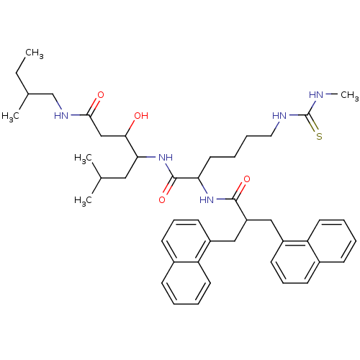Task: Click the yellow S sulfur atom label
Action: [x=318, y=135]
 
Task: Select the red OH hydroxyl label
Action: [x=140, y=116]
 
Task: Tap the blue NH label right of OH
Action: [x=165, y=158]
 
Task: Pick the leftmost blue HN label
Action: [x=61, y=116]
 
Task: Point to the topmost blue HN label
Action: [x=315, y=95]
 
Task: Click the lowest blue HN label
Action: [x=207, y=200]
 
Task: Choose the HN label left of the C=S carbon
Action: [x=279, y=116]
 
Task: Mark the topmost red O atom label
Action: [x=100, y=95]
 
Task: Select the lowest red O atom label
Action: [x=162, y=199]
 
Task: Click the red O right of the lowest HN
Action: [x=247, y=179]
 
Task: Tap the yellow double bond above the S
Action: [x=314, y=125]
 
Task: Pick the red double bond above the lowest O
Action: [x=166, y=190]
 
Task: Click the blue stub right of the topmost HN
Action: [x=326, y=94]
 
